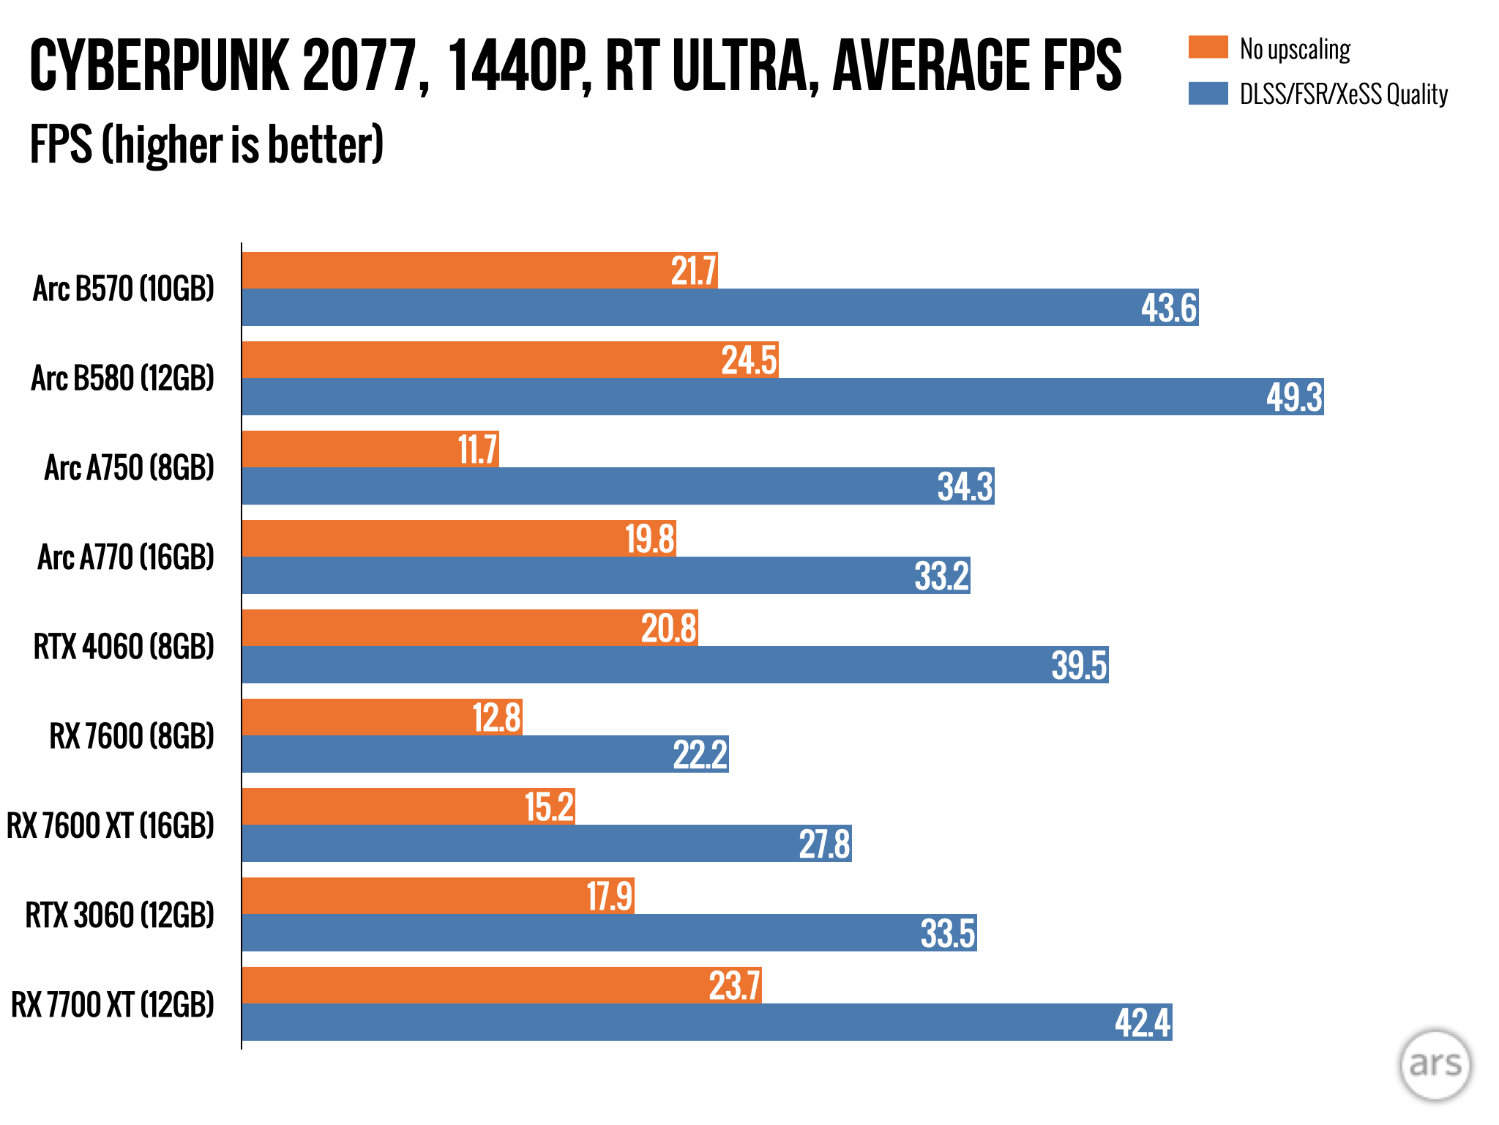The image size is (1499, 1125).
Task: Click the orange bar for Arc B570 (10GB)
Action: tap(454, 270)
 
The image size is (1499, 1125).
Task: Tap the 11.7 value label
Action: tap(477, 450)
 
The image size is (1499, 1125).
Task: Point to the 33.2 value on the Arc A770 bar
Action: tap(941, 576)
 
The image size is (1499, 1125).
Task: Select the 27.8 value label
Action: tap(824, 844)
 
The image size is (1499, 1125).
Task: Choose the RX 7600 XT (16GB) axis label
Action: tap(111, 826)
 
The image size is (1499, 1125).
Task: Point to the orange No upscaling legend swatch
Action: tap(1208, 48)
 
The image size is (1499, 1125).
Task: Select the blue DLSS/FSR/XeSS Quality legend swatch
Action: tap(1208, 94)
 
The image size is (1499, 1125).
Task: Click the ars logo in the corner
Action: tap(1435, 1065)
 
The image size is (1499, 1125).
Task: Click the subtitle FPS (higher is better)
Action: tap(206, 144)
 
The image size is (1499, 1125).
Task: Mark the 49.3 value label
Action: tap(1294, 397)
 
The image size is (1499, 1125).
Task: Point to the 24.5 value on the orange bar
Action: tap(748, 360)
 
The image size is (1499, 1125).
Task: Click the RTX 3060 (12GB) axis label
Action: tap(120, 916)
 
